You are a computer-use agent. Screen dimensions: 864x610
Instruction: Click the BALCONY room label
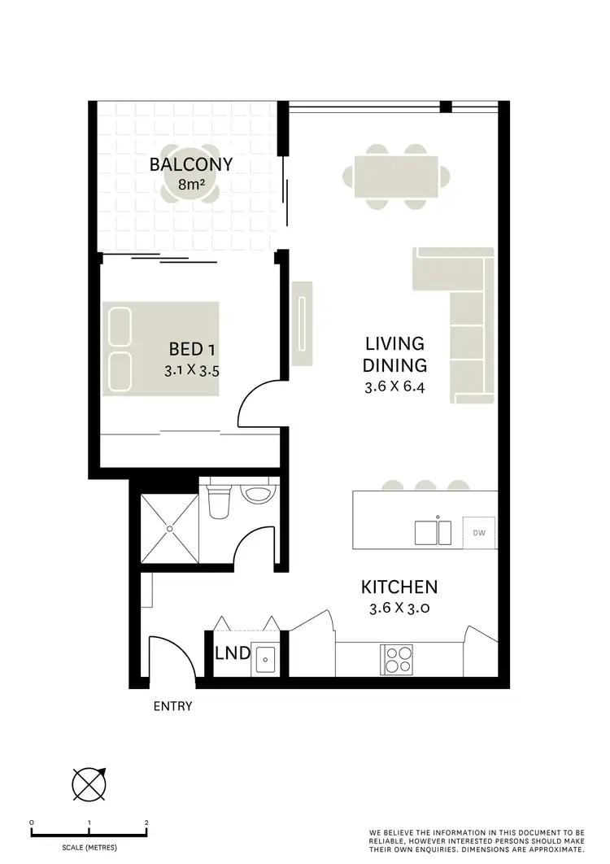(191, 164)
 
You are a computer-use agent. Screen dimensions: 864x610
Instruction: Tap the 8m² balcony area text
(191, 185)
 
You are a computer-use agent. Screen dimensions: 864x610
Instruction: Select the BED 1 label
(192, 350)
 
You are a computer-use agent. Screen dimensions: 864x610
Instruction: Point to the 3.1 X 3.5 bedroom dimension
(192, 370)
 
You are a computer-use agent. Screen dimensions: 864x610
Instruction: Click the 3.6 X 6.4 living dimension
(395, 388)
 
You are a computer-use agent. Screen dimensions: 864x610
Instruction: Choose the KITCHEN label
(399, 587)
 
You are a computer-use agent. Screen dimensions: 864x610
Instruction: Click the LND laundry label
(232, 653)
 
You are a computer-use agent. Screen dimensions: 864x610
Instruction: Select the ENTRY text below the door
(172, 706)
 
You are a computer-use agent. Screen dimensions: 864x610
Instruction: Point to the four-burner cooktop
(395, 657)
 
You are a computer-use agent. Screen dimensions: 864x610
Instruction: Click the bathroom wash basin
(259, 494)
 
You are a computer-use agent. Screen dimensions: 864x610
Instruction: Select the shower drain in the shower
(170, 528)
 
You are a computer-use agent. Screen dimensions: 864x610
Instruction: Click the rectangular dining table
(395, 176)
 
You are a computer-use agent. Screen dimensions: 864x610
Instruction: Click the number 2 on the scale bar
(146, 823)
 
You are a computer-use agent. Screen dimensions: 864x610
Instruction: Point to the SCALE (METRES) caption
(88, 848)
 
